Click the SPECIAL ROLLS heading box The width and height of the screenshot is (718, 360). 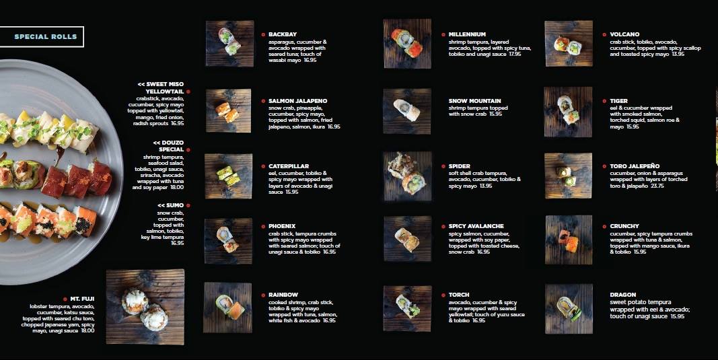coord(42,36)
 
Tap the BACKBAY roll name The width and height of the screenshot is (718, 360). coord(283,34)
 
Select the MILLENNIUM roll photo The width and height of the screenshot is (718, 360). coord(407,44)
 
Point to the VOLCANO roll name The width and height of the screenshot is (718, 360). coord(624,34)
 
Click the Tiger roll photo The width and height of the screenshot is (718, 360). coord(568,112)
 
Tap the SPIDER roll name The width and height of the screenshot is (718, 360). coord(460,166)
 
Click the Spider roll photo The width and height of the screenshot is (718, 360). coord(408,176)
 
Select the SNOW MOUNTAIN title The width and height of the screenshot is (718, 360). coord(475,101)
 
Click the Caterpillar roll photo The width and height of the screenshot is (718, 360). coord(228,176)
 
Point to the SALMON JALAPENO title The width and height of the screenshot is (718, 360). coord(297,101)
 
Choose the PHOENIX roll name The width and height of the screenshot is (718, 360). coord(281,226)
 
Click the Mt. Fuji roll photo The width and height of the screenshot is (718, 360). coord(145,307)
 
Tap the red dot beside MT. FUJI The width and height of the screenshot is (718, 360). coord(65,299)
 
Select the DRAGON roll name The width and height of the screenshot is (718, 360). coord(622,295)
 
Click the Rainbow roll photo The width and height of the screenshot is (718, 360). coord(227,308)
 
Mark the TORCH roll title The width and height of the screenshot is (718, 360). coord(459,295)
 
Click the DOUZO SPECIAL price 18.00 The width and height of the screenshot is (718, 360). coord(177,187)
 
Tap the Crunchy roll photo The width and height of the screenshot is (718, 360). coord(569,240)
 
